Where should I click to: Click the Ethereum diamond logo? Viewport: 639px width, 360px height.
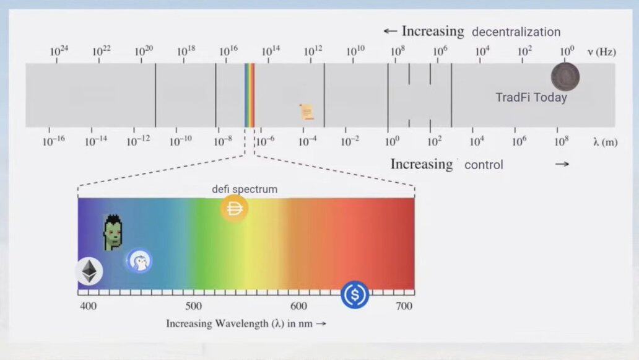tap(89, 271)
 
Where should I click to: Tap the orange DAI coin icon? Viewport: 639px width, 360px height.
tap(234, 209)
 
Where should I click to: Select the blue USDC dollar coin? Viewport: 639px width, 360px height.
tap(355, 294)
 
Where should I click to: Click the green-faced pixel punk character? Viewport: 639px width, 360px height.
tap(113, 232)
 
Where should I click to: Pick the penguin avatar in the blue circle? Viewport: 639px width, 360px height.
tap(139, 260)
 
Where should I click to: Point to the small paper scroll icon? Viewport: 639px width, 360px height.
tap(306, 112)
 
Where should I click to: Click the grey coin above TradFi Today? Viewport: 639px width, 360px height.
tap(565, 77)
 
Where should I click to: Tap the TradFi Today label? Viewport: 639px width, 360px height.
tap(531, 97)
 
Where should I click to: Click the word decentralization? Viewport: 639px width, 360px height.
tap(516, 32)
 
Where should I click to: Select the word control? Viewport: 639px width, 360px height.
tap(484, 165)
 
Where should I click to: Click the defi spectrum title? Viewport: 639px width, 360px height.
tap(245, 189)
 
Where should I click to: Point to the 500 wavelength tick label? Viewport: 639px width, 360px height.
tap(194, 305)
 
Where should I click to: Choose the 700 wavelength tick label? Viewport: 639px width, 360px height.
tap(404, 305)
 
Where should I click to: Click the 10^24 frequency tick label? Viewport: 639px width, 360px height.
tap(59, 51)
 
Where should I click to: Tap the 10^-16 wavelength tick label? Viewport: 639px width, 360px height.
tap(53, 141)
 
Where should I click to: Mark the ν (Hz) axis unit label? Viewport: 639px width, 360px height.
tap(601, 52)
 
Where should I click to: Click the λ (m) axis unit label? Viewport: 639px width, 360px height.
tap(605, 143)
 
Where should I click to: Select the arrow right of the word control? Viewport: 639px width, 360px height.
tap(562, 164)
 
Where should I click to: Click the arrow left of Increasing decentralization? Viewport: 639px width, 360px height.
tap(390, 31)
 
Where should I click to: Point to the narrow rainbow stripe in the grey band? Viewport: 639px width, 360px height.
tap(250, 95)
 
